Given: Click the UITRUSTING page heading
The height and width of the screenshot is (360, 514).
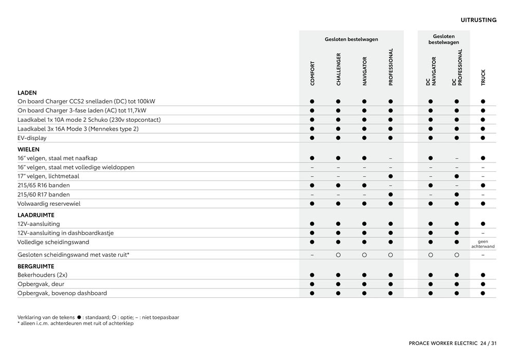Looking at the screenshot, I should pos(478,20).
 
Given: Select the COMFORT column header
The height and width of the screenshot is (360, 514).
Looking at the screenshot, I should pos(313,73).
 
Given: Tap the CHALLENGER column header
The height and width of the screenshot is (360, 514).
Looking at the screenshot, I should pos(338,69).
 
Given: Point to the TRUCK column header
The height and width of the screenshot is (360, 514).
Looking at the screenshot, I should pos(483,77).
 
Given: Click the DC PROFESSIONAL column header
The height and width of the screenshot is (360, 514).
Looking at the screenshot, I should pos(457,67).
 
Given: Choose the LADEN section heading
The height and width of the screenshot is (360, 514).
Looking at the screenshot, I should pos(27,93).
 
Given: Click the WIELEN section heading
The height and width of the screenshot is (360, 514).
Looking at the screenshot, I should pos(28,149).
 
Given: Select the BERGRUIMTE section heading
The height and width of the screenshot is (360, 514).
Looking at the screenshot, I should pos(35,266).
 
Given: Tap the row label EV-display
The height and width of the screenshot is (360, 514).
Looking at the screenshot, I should pos(32,138).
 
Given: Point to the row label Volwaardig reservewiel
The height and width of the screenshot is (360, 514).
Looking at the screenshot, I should pos(49,204).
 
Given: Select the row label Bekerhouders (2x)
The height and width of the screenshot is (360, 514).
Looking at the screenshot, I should pos(43,275).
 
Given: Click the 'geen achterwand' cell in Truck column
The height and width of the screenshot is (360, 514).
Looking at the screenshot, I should pos(483,244).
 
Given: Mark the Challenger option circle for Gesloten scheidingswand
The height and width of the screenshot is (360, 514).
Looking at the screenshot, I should pos(338,255).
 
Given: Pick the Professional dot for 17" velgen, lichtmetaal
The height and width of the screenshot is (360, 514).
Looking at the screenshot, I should pos(391,176).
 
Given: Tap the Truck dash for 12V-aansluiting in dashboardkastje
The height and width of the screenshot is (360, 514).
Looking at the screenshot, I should pos(483,233).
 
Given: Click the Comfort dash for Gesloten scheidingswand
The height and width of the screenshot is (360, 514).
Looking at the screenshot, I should pos(312,255).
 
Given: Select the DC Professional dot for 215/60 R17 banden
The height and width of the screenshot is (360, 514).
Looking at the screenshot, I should pos(456,195).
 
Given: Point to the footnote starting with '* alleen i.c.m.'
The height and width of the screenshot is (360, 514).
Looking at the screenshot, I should pos(76,323).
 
